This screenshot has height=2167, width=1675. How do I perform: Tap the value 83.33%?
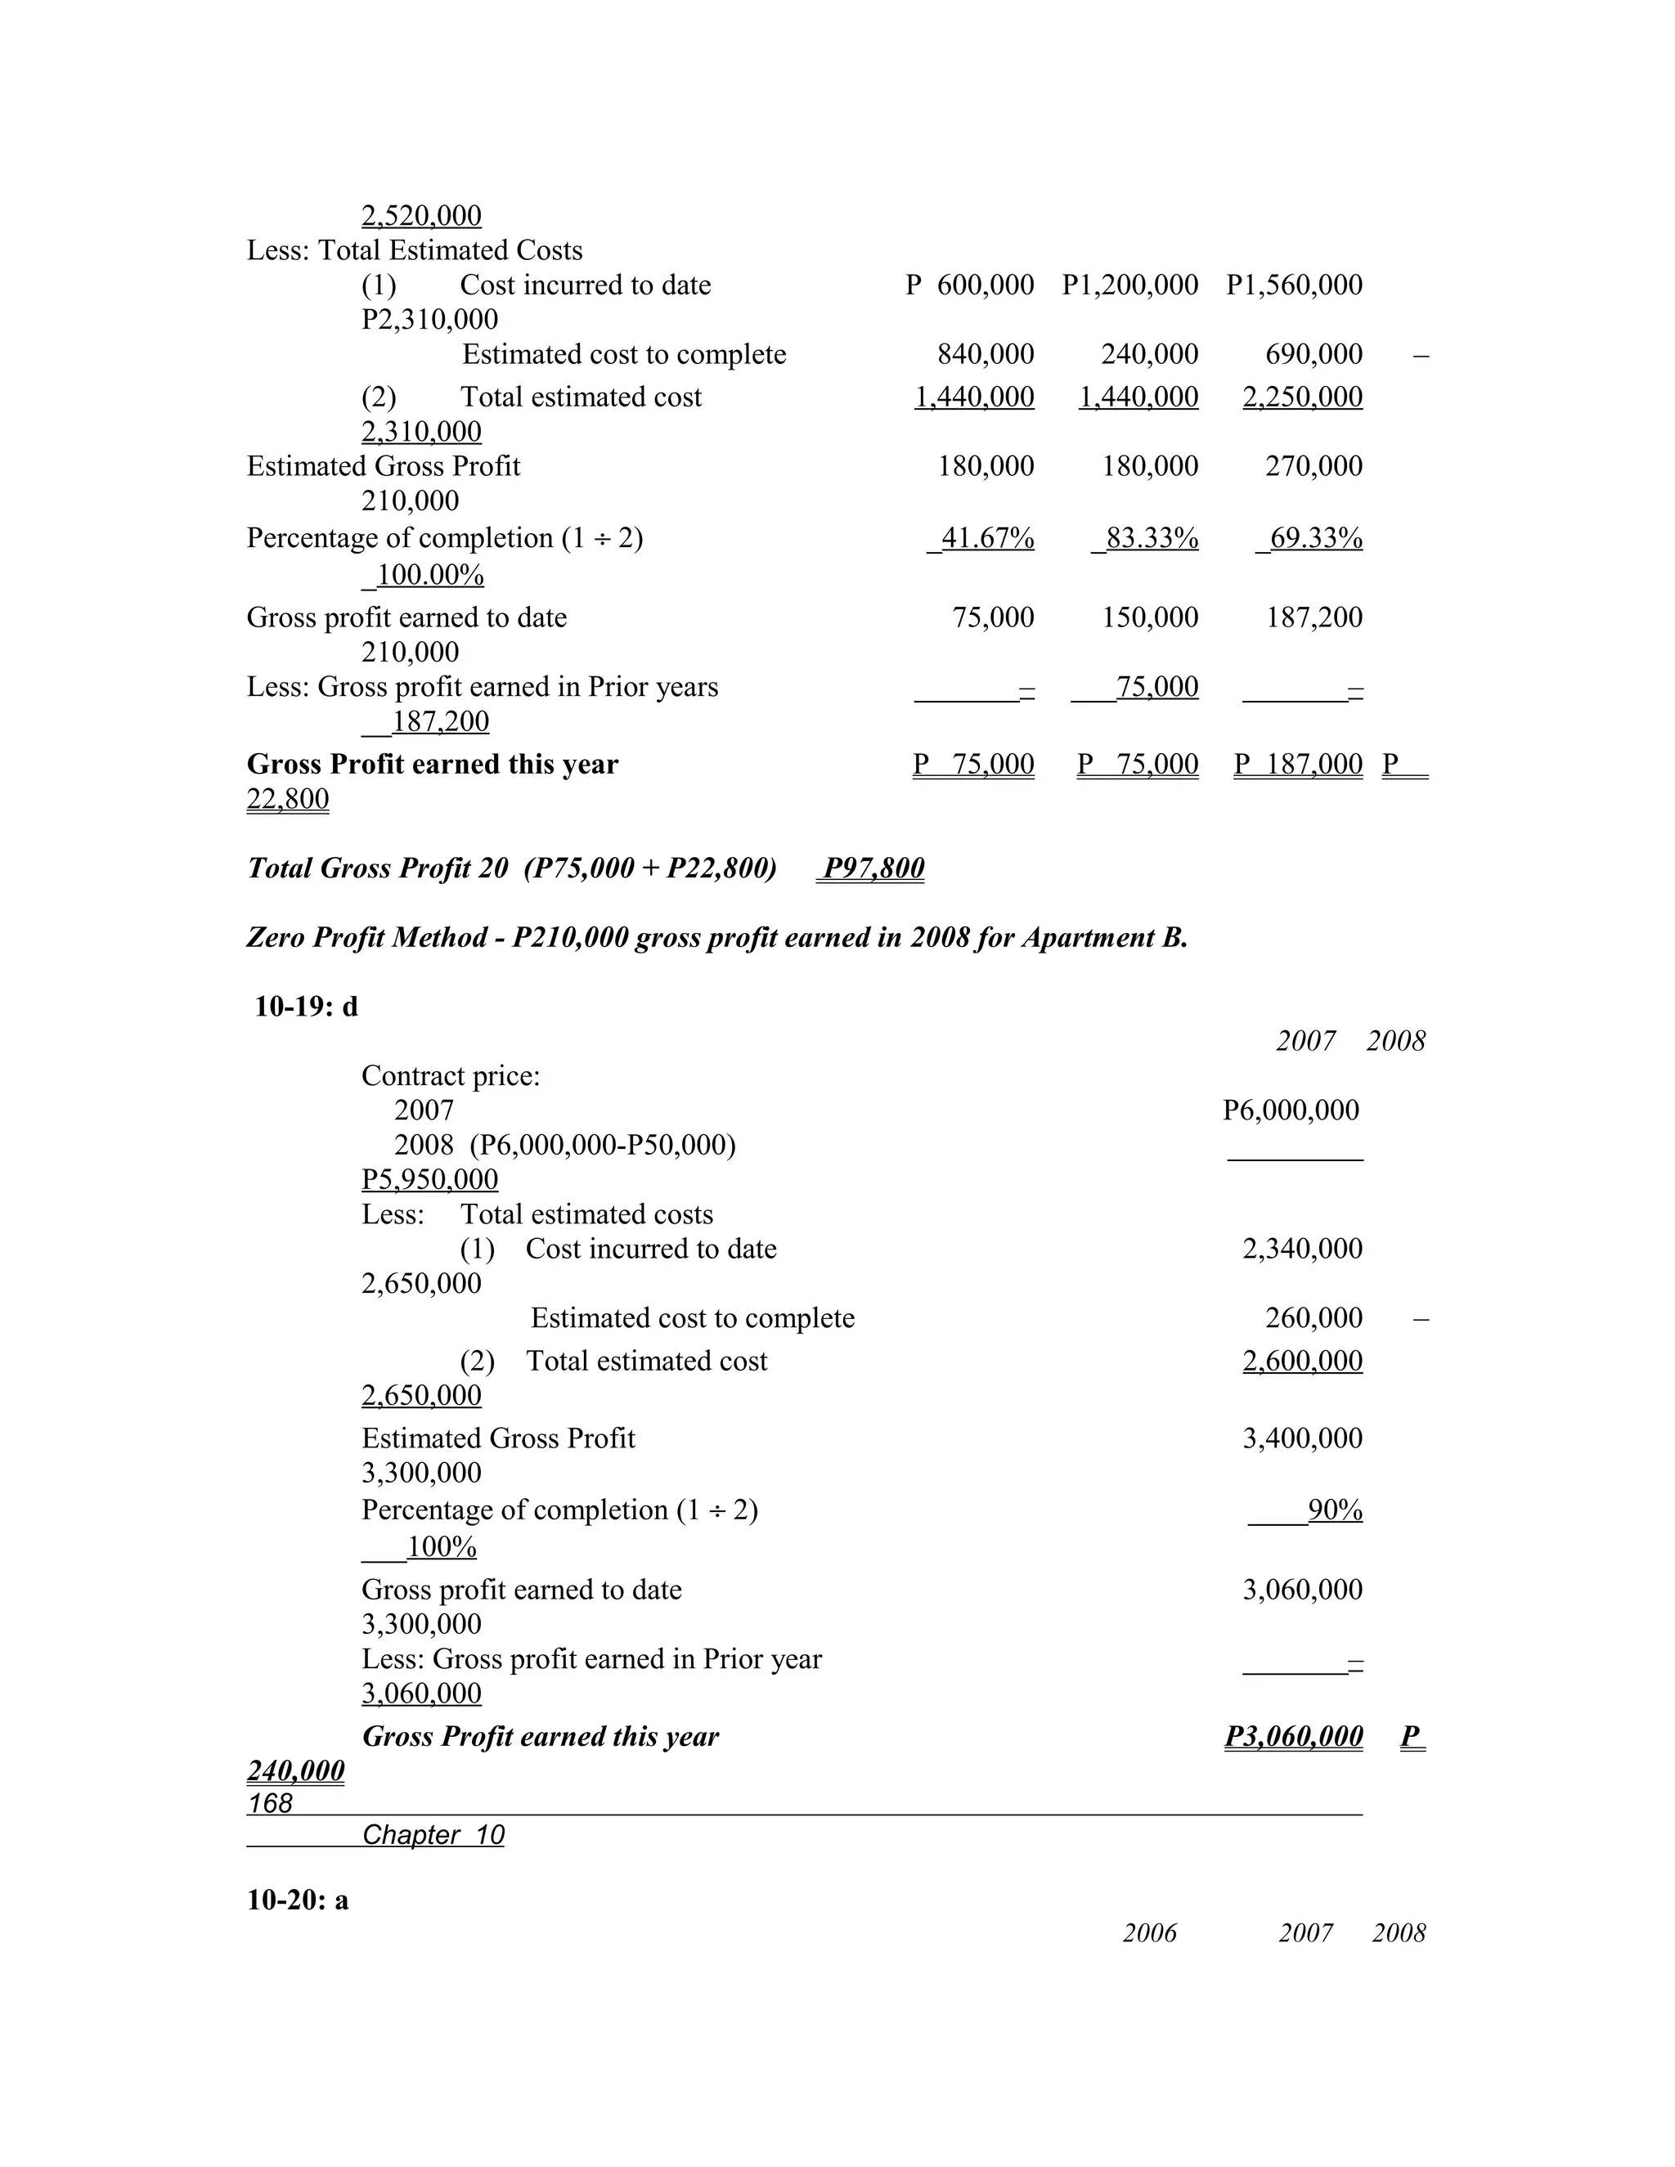click(1151, 538)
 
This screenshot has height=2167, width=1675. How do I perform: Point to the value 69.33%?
click(1315, 538)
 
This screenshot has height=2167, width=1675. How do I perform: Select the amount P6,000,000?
click(1290, 1110)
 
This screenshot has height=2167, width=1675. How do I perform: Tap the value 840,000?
click(986, 353)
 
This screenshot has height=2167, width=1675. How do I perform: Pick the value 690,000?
click(1314, 353)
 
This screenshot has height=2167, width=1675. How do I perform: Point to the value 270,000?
click(1314, 465)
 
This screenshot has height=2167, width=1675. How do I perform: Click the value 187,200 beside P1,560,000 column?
click(1314, 617)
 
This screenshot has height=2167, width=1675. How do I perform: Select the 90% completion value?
click(1335, 1510)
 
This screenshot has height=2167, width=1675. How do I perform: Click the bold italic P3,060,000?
click(1293, 1735)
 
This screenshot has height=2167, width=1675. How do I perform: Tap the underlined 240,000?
click(296, 1770)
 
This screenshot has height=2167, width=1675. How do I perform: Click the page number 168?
click(270, 1803)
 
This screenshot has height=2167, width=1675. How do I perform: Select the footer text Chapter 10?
click(433, 1835)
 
